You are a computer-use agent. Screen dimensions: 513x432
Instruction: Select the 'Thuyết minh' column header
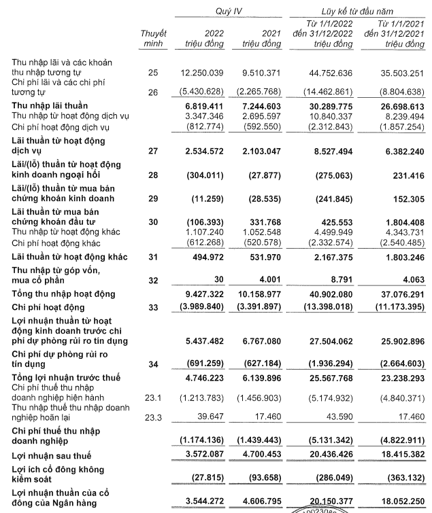(153, 39)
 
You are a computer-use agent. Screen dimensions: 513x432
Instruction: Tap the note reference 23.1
(153, 391)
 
